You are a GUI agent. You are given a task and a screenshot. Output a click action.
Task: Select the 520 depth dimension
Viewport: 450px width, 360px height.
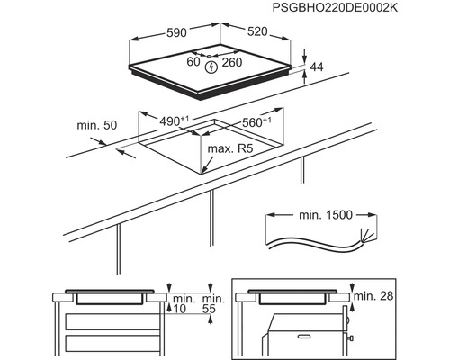(x=258, y=31)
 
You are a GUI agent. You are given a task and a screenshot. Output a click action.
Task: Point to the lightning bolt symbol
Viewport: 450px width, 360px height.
(x=211, y=66)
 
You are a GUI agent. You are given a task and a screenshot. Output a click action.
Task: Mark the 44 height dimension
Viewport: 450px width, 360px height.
(x=316, y=68)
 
